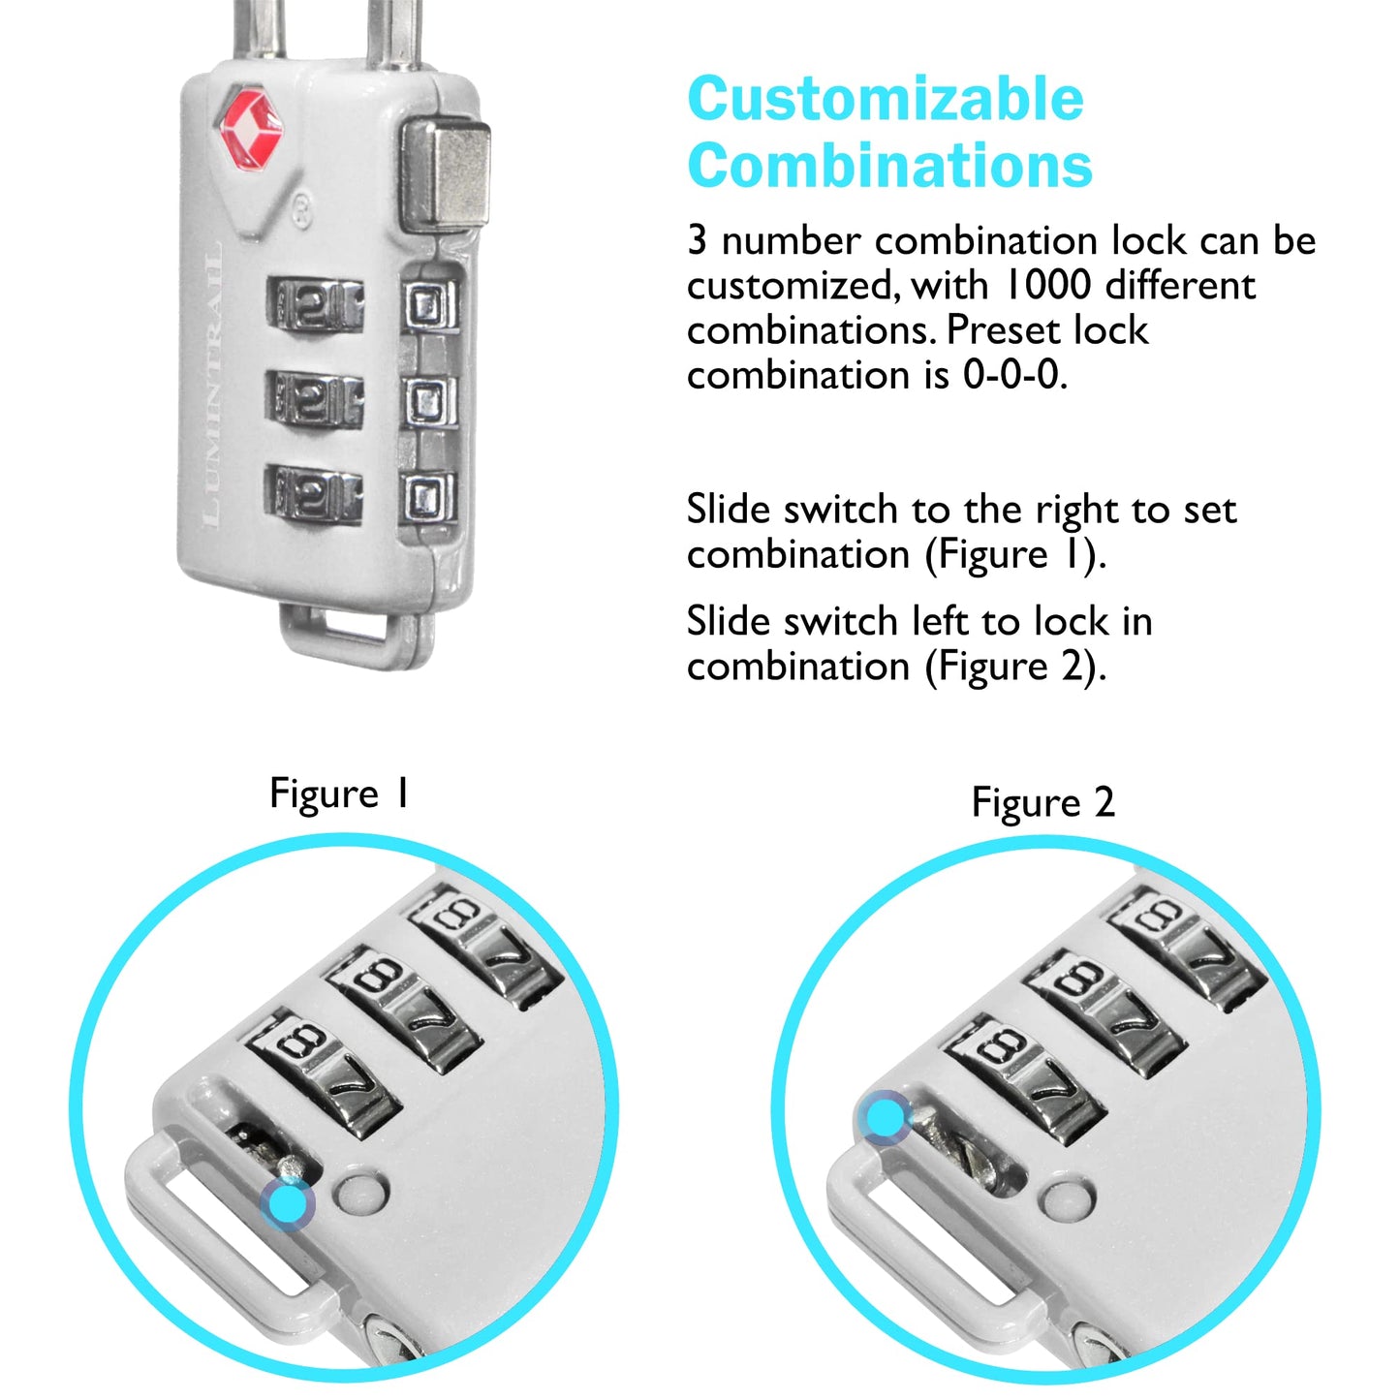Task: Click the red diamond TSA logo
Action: pos(251,127)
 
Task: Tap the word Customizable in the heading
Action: pos(886,99)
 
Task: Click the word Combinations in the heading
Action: pos(889,166)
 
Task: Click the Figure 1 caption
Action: pos(339,794)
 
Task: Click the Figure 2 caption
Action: pos(1042,803)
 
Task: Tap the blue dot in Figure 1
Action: pos(288,1204)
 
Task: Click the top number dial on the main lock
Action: pos(316,305)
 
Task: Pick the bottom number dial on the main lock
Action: pos(314,494)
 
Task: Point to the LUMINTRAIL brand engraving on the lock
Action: pos(212,388)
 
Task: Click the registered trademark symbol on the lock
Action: pos(301,209)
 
